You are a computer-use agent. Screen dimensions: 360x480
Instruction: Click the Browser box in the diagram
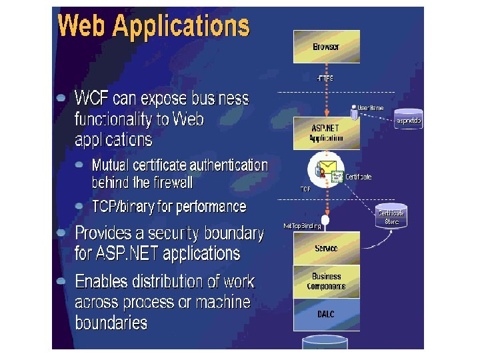point(326,47)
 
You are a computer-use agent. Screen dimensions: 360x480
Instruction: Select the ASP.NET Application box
point(326,133)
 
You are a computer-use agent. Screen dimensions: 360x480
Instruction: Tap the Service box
point(326,248)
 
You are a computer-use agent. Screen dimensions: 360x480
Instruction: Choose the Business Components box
point(326,281)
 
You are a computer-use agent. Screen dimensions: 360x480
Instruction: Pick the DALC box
point(326,315)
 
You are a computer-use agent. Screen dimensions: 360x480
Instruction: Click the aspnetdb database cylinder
point(409,120)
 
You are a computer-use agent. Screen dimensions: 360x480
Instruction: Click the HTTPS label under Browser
point(325,78)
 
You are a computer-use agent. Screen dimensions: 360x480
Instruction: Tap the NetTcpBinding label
point(302,226)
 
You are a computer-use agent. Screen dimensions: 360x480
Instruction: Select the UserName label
point(371,107)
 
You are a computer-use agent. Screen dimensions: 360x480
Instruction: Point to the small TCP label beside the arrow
point(305,189)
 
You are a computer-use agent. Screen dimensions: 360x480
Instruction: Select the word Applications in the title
point(181,27)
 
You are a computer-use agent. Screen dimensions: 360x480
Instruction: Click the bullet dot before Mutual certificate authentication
point(79,163)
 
